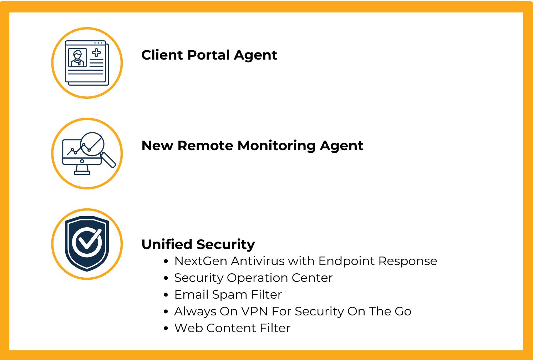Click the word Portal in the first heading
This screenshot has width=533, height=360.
tap(208, 55)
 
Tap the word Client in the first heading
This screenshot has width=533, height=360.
tap(162, 55)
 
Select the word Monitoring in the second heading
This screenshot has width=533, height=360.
tap(276, 146)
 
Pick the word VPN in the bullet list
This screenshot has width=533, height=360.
tap(255, 311)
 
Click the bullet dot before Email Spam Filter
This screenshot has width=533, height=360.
tap(166, 295)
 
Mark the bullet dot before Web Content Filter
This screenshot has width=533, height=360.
tap(166, 329)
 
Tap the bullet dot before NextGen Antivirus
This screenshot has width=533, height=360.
tap(166, 262)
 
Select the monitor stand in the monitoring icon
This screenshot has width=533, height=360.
tap(82, 171)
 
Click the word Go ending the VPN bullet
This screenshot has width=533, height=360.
tap(403, 311)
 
